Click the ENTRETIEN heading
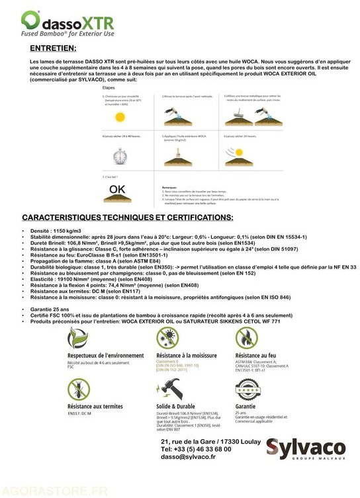click(x=53, y=48)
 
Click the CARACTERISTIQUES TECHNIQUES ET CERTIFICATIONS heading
click(x=127, y=217)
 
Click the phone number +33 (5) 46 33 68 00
click(x=196, y=449)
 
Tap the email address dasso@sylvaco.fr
click(x=188, y=457)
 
